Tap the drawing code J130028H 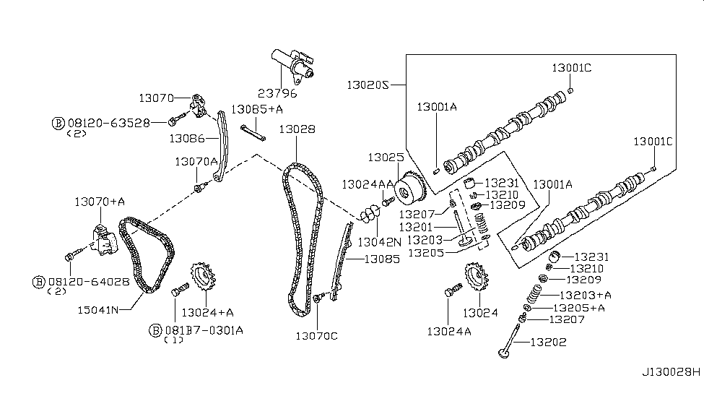[x=671, y=373]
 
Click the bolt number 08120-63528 [x=108, y=123]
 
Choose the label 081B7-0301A [x=202, y=330]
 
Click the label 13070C [x=316, y=335]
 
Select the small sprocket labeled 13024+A [x=201, y=278]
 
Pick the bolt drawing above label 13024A [x=452, y=290]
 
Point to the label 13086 [x=186, y=137]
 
